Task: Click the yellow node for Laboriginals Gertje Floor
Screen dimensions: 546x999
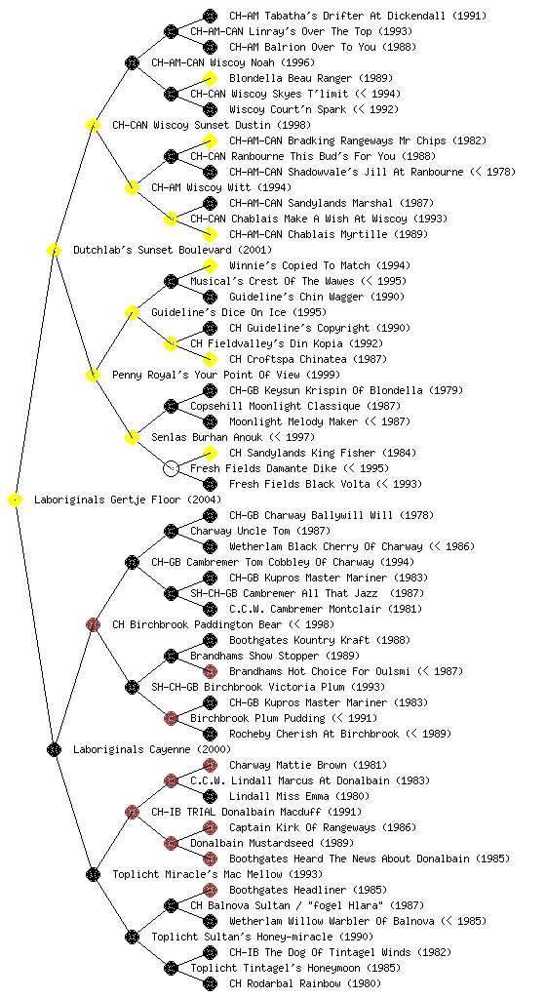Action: pos(16,500)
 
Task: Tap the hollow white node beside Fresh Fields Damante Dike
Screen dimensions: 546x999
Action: pos(171,469)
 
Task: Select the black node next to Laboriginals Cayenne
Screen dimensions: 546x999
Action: pos(54,750)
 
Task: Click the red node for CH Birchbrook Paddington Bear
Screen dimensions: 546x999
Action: pos(93,625)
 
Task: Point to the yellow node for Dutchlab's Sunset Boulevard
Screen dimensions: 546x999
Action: pos(54,251)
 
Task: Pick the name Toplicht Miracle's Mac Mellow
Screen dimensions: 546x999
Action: pos(198,874)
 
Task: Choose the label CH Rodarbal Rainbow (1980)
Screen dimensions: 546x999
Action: pos(305,983)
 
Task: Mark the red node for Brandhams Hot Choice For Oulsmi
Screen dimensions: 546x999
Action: pos(210,671)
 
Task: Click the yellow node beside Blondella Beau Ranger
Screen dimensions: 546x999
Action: pos(210,78)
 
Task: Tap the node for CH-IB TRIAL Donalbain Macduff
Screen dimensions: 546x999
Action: pos(132,813)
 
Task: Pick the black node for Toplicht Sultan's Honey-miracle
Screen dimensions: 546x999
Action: pos(132,938)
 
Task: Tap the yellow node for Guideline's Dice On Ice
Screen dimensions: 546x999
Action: pos(132,313)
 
